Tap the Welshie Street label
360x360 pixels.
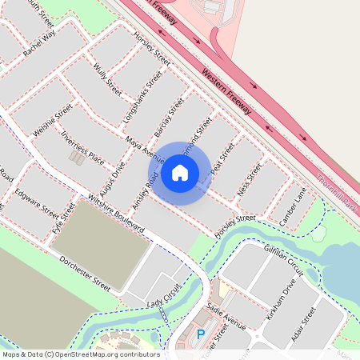(53, 119)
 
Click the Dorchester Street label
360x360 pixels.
(84, 272)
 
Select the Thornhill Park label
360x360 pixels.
(337, 192)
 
